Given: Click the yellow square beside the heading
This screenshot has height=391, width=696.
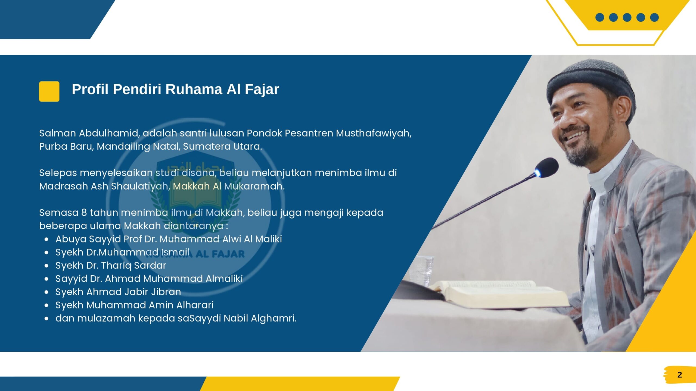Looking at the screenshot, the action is (49, 92).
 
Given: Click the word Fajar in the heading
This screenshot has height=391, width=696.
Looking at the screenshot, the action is (262, 90).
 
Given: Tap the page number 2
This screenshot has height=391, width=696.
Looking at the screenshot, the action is (679, 375).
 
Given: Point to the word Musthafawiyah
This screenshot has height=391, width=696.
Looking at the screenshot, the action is (374, 134).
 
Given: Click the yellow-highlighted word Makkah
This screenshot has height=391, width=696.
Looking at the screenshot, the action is (191, 186).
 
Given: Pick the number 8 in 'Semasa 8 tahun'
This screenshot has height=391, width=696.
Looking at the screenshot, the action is (84, 213).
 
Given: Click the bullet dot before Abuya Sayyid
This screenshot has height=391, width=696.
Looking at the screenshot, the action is (47, 239).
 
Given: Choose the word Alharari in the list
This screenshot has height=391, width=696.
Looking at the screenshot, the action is (195, 305).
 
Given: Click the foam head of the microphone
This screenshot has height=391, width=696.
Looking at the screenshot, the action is (547, 168).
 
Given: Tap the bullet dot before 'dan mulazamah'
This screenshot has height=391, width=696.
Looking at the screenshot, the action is (47, 319).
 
